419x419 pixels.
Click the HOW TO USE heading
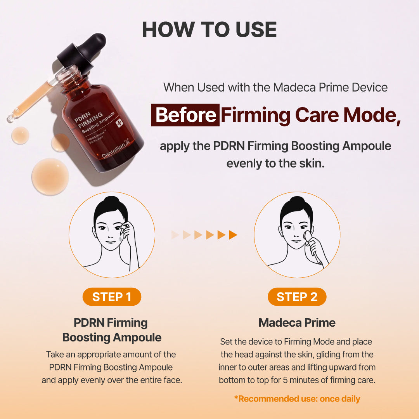coord(209,29)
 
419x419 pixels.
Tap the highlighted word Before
coord(185,115)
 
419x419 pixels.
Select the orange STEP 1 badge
coord(112,297)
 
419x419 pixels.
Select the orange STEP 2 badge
coord(297,297)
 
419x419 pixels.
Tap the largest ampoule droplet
coord(50,177)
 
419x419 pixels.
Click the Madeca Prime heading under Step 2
coord(297,322)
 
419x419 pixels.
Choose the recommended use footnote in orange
coord(297,398)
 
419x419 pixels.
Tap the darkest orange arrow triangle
coord(233,235)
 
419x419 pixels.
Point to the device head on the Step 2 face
coord(308,236)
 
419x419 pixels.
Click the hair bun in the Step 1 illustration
coord(112,203)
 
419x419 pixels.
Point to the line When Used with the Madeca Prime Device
coord(275,87)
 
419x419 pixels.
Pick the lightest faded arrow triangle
coord(175,235)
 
